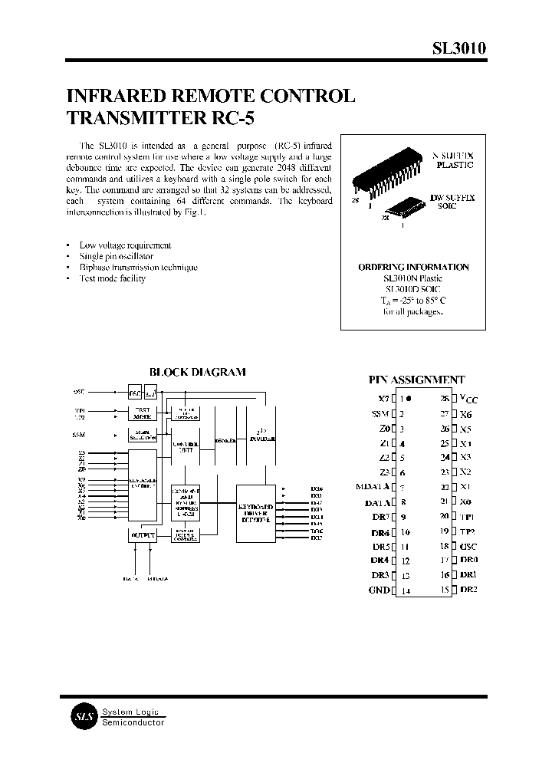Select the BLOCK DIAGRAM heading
click(x=197, y=372)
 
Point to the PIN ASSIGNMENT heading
click(x=416, y=380)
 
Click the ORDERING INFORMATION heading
click(x=413, y=267)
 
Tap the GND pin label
click(x=379, y=590)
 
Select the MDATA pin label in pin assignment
click(x=373, y=487)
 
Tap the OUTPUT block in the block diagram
click(x=143, y=534)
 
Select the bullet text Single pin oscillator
click(x=117, y=256)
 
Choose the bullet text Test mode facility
click(x=113, y=278)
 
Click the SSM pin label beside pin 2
click(x=380, y=414)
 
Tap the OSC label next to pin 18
click(x=468, y=546)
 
